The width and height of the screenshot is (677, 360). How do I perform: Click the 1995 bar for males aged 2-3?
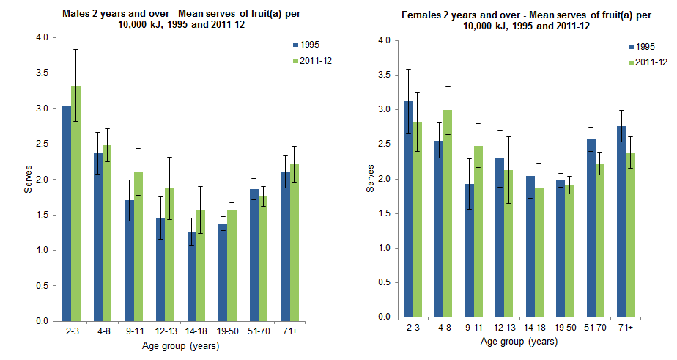tap(67, 213)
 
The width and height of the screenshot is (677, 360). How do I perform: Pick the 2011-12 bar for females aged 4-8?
tap(446, 213)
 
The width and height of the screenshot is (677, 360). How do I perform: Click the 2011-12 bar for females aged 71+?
tap(629, 235)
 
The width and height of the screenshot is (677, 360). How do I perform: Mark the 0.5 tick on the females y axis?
tap(384, 282)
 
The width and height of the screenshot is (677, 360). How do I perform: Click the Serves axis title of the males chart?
tap(28, 180)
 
